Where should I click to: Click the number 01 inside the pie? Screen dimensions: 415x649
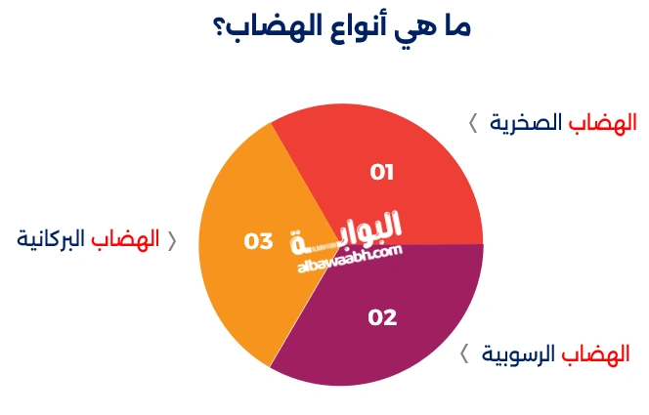381,173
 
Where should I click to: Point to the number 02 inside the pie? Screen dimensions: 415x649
382,316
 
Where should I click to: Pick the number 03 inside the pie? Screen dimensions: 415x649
258,240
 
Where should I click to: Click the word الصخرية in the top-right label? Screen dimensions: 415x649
525,122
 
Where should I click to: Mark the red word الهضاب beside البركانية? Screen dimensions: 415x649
126,239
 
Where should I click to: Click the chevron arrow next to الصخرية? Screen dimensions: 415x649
473,123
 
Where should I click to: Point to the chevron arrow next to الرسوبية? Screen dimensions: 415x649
465,354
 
